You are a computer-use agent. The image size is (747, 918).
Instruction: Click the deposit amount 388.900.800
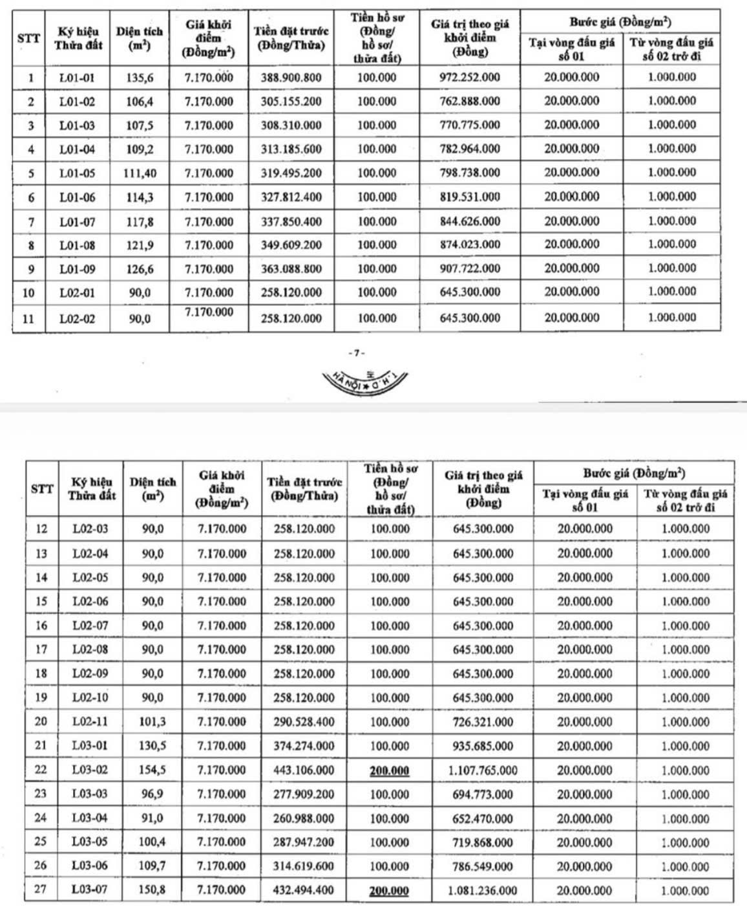click(x=291, y=78)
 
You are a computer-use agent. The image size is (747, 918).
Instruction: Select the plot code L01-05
click(x=77, y=173)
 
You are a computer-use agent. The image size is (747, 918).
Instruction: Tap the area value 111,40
click(x=140, y=173)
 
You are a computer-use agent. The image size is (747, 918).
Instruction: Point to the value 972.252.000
click(x=470, y=78)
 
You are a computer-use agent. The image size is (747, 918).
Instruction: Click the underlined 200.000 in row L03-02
click(x=389, y=770)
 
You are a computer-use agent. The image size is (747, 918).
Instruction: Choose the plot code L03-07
click(x=89, y=890)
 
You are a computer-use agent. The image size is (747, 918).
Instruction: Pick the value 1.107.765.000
click(x=483, y=770)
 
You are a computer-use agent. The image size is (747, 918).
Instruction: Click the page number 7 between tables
click(x=356, y=353)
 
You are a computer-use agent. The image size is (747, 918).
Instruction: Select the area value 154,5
click(x=153, y=770)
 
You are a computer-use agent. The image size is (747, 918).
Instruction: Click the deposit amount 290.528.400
click(x=304, y=722)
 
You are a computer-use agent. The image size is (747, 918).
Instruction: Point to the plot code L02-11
click(x=90, y=721)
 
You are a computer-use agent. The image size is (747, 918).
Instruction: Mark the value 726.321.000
click(x=483, y=722)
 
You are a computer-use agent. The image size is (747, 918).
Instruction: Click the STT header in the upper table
click(x=28, y=38)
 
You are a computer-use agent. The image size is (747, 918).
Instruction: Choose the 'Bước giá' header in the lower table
click(x=633, y=473)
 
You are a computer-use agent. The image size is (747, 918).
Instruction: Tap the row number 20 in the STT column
click(x=41, y=721)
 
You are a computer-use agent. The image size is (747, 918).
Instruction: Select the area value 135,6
click(x=140, y=78)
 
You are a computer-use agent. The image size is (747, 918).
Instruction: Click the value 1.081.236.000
click(x=483, y=890)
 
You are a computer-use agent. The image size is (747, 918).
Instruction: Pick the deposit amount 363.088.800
click(x=291, y=269)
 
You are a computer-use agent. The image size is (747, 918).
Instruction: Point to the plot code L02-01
click(x=77, y=293)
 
